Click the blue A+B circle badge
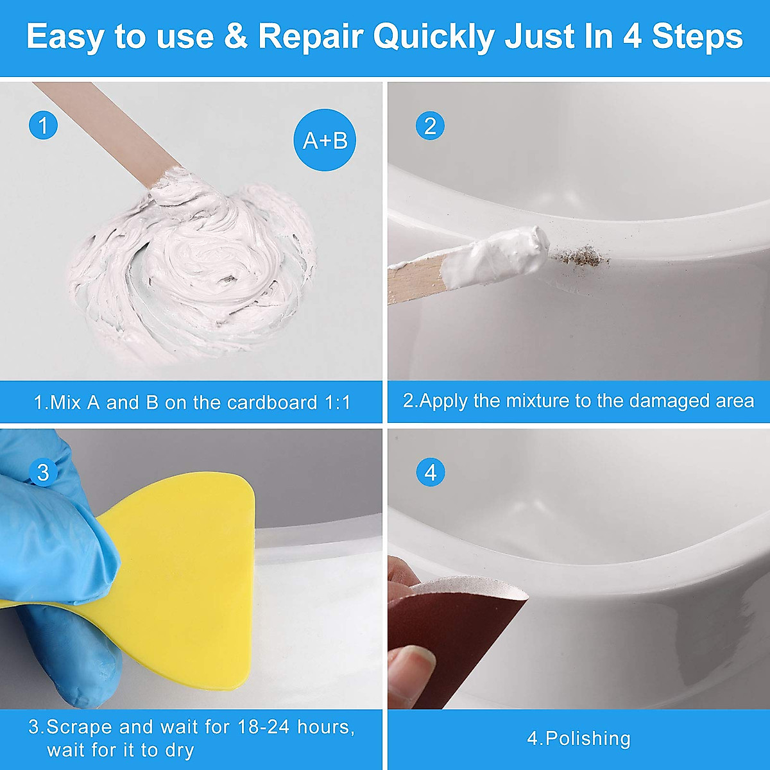[x=325, y=140]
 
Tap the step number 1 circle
[x=43, y=125]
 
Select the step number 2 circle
[x=430, y=125]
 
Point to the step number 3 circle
[x=43, y=473]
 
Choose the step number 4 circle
[x=430, y=473]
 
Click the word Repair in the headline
[x=311, y=37]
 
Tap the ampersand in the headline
[x=235, y=37]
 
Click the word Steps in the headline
[x=697, y=37]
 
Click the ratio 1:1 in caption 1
[x=338, y=403]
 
